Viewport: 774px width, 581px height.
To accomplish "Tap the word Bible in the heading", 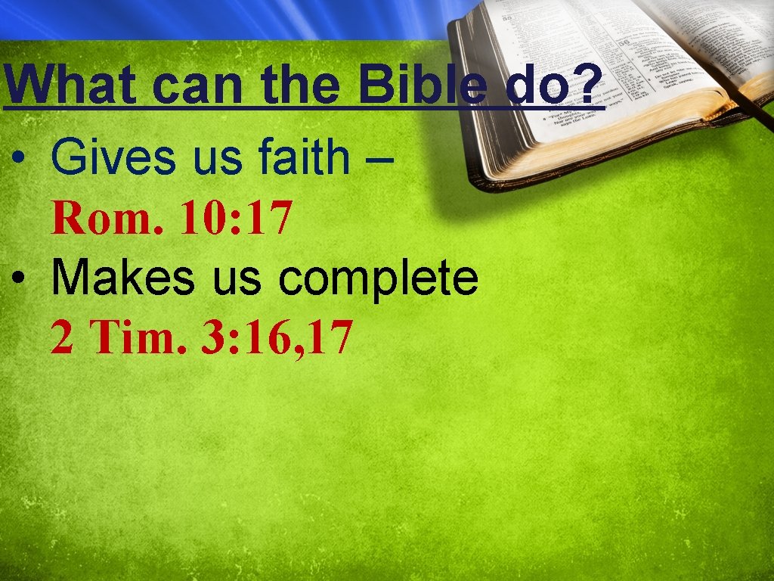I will pyautogui.click(x=428, y=85).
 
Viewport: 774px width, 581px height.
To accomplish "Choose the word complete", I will pyautogui.click(x=378, y=280).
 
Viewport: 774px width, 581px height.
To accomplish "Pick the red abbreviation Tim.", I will pyautogui.click(x=135, y=337).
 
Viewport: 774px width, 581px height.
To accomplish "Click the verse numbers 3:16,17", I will pyautogui.click(x=276, y=338).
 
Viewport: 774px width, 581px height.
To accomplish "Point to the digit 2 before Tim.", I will pyautogui.click(x=62, y=337).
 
